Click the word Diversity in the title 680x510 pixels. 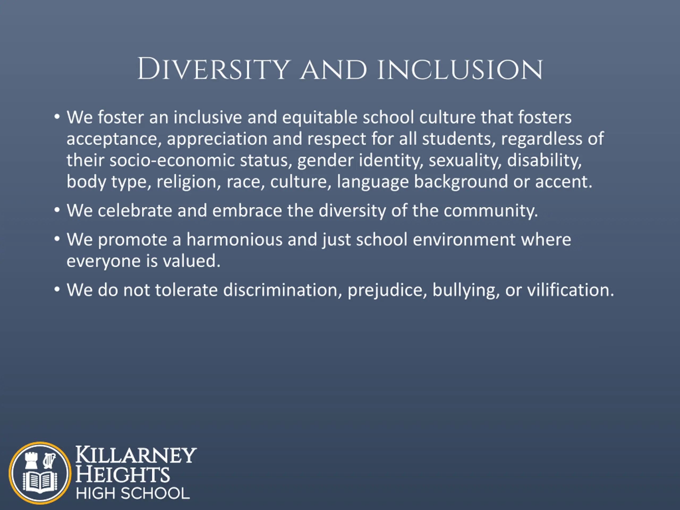coord(214,69)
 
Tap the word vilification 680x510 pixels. coord(571,290)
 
